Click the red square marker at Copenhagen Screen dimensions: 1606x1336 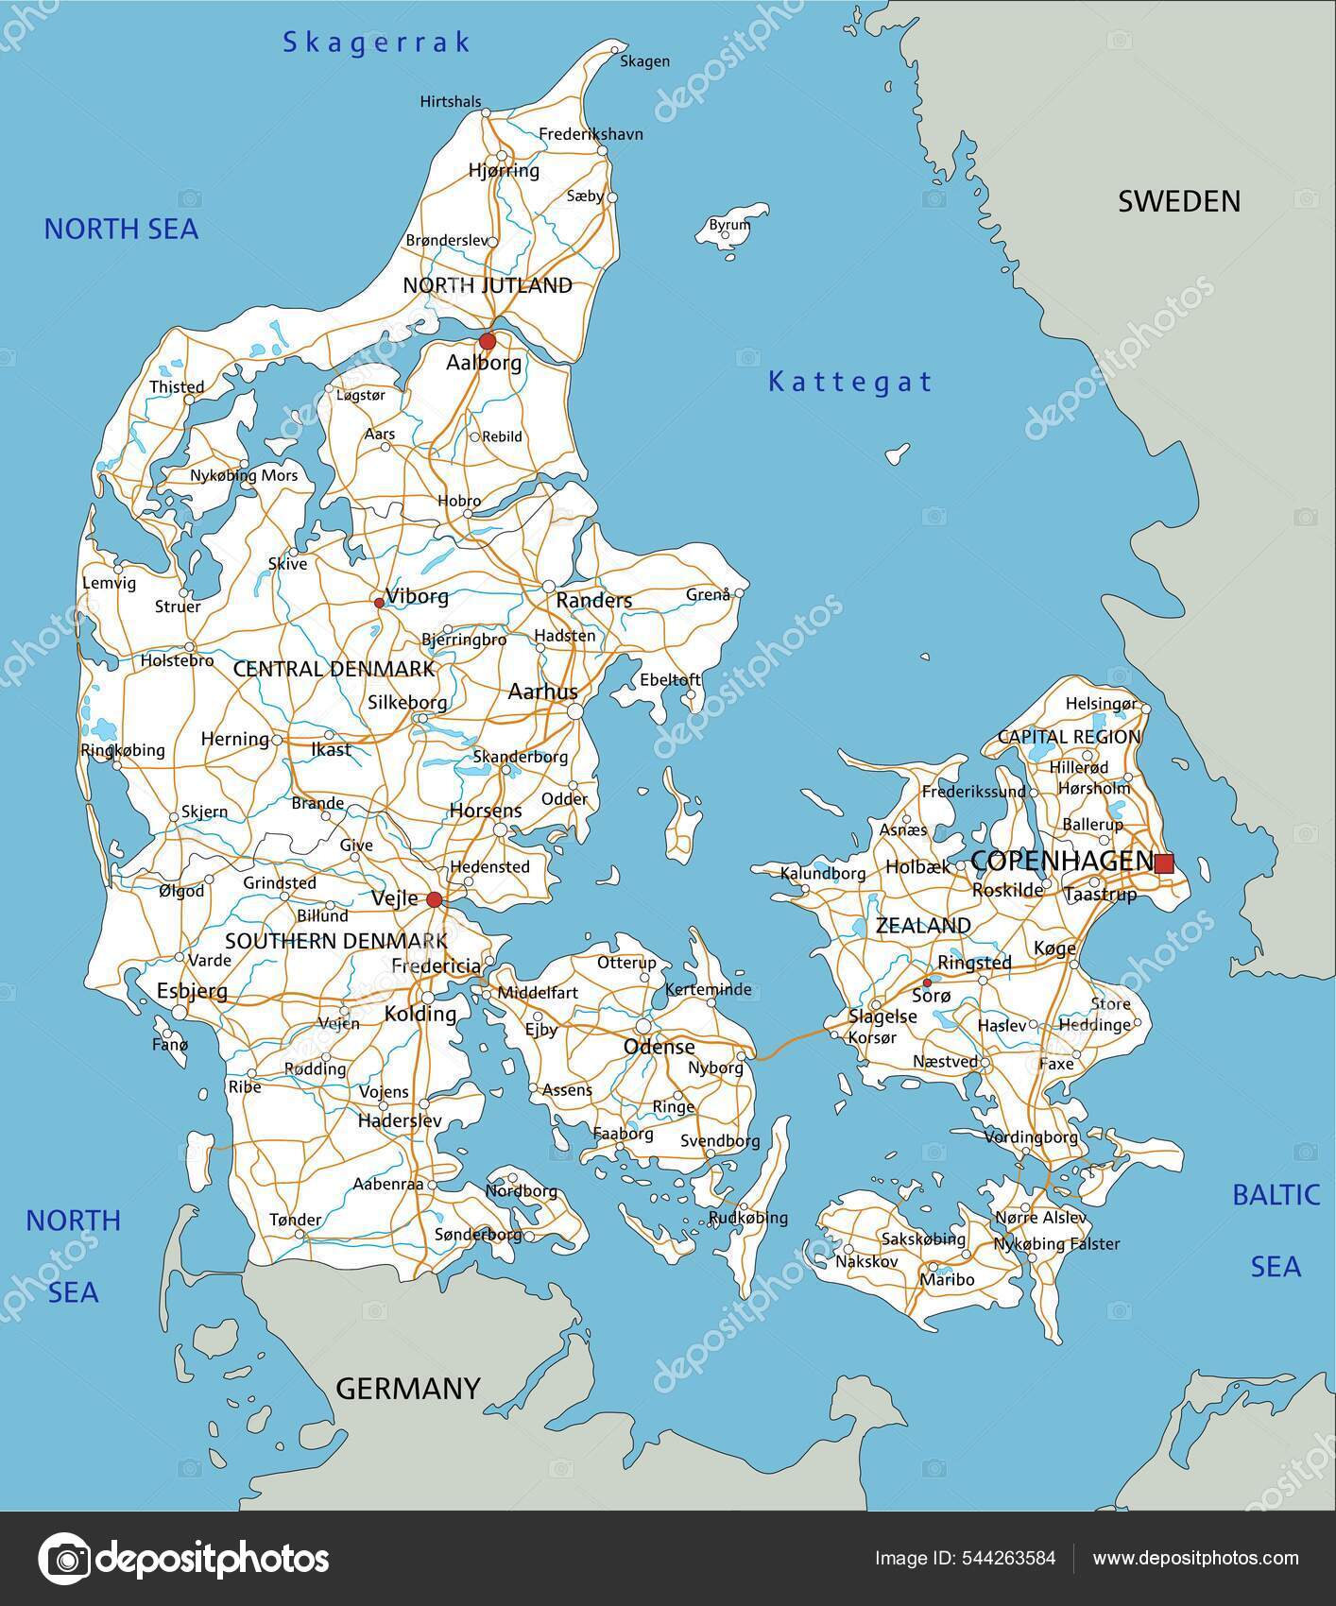point(1164,863)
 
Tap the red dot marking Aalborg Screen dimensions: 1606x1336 point(487,340)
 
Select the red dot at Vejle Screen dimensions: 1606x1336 point(434,898)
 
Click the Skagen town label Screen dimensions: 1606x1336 point(644,61)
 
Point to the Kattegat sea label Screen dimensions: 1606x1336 point(849,382)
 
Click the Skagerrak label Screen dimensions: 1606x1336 point(377,42)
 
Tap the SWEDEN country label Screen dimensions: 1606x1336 point(1179,201)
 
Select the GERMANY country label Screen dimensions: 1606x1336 point(408,1388)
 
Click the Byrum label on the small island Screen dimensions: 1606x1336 point(729,225)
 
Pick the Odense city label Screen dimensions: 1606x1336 point(659,1047)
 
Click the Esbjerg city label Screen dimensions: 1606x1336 point(192,991)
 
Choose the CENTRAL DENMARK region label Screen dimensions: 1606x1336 point(334,669)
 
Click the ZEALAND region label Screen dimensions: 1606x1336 point(923,926)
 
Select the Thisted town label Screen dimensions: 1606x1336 point(177,386)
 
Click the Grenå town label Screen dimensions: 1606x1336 point(708,594)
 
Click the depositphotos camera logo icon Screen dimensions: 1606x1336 point(64,1558)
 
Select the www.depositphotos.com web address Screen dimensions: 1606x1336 point(1194,1558)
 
